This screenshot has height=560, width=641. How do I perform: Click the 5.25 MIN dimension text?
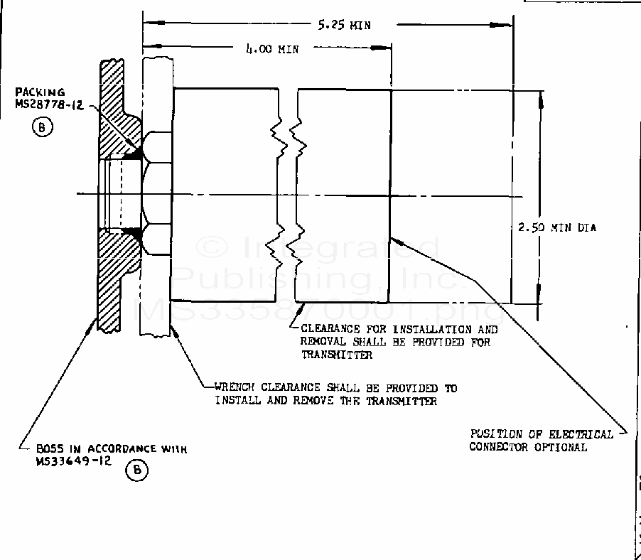(344, 26)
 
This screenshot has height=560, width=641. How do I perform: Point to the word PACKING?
(40, 92)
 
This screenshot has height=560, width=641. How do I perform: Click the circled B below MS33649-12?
(137, 470)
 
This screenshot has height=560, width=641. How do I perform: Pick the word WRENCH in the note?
(236, 389)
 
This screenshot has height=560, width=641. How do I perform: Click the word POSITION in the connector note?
(495, 434)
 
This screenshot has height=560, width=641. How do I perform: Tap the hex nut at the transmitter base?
(156, 193)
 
